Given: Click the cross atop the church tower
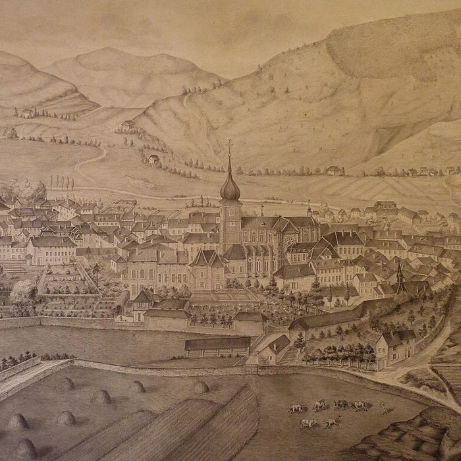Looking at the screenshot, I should [230, 145].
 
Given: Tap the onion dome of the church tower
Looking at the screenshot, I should [230, 188].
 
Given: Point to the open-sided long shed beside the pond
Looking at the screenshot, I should [217, 344].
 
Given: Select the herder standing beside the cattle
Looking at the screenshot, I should [383, 408].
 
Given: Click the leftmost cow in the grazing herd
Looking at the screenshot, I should [295, 409].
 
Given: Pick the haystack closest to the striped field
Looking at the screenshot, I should [201, 387].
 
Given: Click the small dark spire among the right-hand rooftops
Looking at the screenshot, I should [399, 273].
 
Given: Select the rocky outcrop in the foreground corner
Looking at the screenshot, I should [408, 438].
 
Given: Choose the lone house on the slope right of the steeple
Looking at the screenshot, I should [333, 171].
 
